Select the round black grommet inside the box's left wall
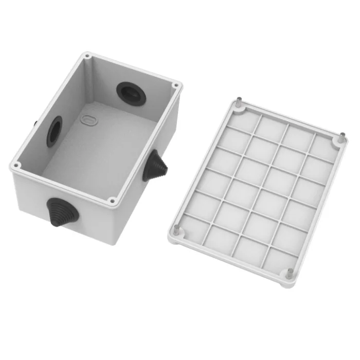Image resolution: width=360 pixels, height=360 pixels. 54,131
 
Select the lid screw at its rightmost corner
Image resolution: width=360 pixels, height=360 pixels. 341,138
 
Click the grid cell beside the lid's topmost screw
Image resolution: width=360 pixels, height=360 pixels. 242,121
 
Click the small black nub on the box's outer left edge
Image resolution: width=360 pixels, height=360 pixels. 34,124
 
